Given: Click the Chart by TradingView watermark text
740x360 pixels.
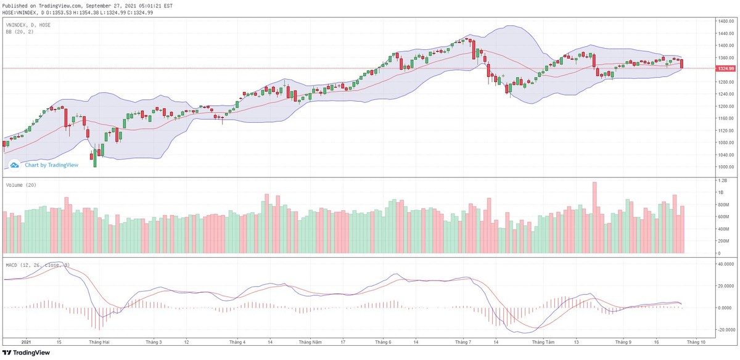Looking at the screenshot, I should (51, 165).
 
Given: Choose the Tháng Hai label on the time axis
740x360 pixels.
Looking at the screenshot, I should (99, 341).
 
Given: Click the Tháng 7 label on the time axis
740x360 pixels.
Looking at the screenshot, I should (463, 341).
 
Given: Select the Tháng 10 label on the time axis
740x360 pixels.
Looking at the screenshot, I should (695, 341).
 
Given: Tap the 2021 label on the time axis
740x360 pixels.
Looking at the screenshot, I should (26, 341).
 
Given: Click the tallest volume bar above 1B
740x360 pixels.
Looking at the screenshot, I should (594, 217).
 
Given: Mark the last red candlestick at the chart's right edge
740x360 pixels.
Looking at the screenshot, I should (682, 63).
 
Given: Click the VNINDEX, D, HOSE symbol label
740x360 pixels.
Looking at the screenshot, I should (28, 25).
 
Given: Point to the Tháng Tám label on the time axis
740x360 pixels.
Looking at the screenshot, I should (543, 341).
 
